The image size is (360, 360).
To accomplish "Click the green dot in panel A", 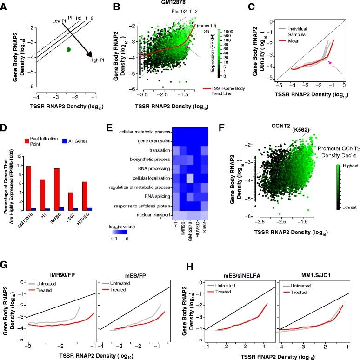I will [68, 49].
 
